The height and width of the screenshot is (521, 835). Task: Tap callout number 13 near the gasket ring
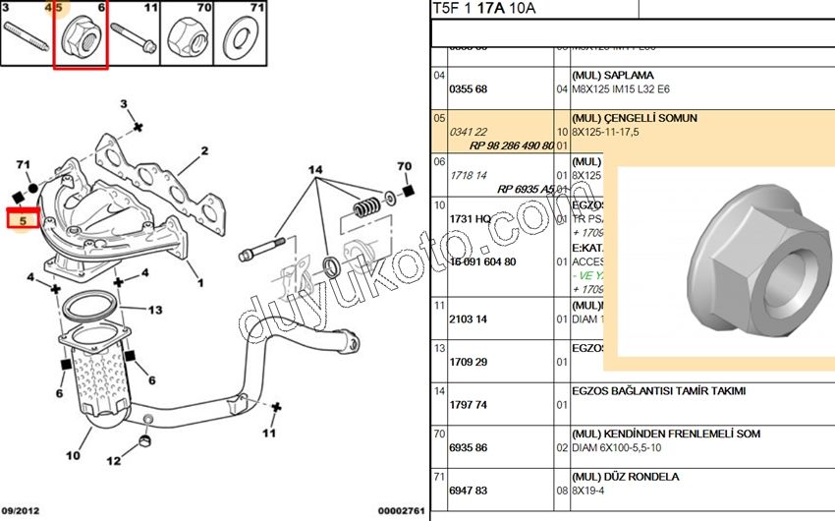(154, 311)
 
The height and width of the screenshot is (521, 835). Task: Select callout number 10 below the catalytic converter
(73, 455)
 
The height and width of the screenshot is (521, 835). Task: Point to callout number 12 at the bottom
(115, 460)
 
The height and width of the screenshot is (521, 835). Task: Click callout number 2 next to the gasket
(205, 151)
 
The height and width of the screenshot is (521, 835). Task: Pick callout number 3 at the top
(124, 103)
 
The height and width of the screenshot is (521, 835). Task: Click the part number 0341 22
(468, 131)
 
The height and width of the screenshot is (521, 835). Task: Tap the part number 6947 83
(468, 490)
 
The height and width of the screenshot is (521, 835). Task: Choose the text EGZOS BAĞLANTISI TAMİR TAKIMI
(658, 390)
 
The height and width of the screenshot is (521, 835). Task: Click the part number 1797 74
(468, 404)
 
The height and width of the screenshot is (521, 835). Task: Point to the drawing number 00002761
(402, 511)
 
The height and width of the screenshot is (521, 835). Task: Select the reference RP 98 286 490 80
(512, 145)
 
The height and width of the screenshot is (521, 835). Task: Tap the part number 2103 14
(468, 318)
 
